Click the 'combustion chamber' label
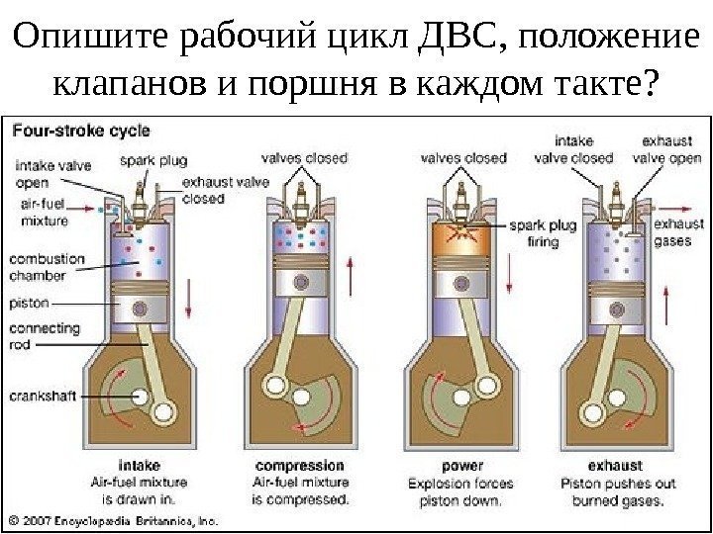[x=47, y=266]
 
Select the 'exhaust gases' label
[x=681, y=231]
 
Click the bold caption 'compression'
[x=299, y=464]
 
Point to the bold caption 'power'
[x=463, y=464]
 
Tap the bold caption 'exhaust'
[x=615, y=464]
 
